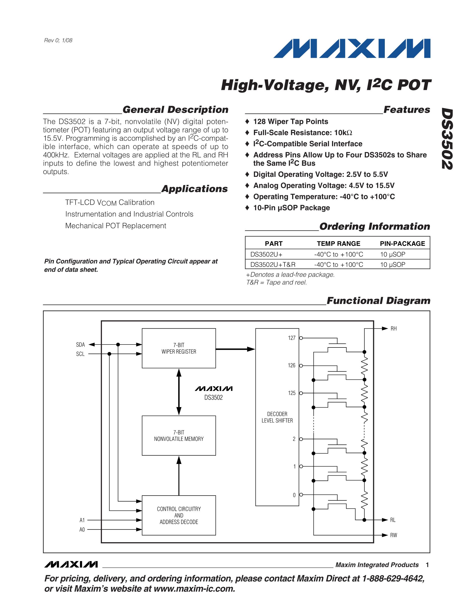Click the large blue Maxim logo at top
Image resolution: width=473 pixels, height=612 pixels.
pos(352,48)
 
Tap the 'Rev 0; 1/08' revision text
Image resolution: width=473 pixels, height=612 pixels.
pos(58,40)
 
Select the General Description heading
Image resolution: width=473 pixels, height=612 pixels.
pos(175,110)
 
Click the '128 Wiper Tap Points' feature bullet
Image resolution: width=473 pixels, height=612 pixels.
pos(291,122)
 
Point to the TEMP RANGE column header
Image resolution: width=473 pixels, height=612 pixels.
pos(339,243)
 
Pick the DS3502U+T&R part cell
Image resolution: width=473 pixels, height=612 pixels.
pos(273,265)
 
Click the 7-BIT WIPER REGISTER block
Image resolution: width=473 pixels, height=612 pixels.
pos(179,348)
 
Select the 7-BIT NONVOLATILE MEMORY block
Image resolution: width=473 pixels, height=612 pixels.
pos(179,435)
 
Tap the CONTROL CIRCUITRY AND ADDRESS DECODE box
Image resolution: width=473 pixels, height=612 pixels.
pos(179,515)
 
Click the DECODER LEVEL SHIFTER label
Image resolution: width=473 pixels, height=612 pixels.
pos(277,417)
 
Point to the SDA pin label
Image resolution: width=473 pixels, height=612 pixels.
pos(80,345)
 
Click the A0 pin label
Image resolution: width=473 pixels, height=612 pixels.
pos(82,530)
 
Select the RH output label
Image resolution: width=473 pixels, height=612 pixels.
pos(394,329)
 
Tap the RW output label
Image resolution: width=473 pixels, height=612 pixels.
pos(394,535)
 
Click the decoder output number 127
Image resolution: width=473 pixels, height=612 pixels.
pos(292,338)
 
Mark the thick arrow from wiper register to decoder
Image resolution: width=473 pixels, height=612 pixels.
pos(235,349)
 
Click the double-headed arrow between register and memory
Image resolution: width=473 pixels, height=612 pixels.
pos(179,392)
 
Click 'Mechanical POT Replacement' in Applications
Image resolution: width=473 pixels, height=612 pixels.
pos(116,226)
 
